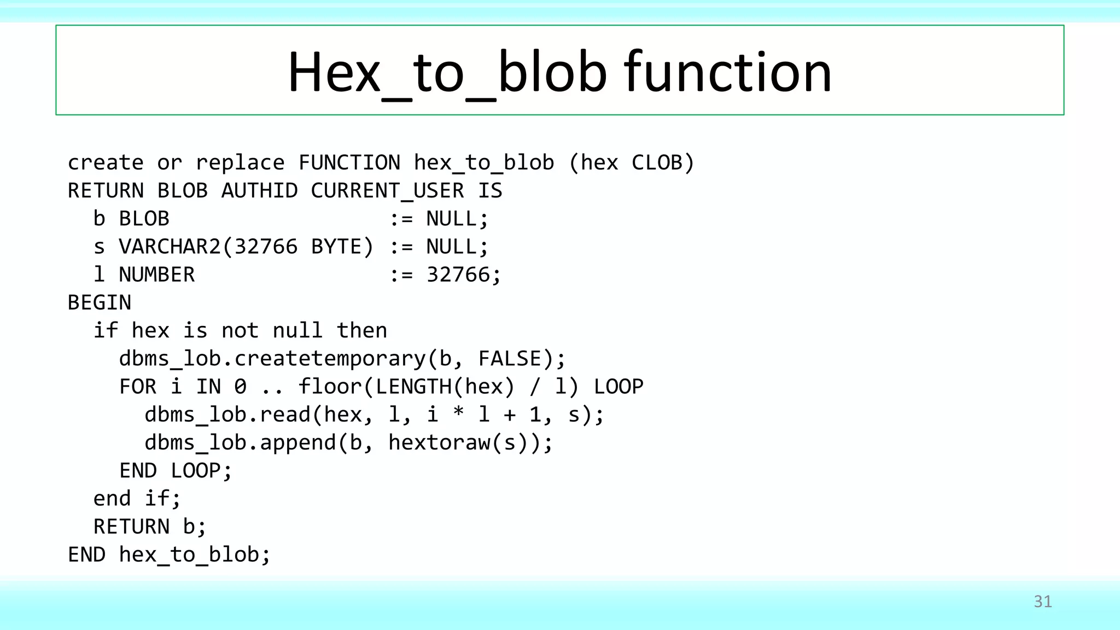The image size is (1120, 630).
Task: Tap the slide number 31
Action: coord(1042,602)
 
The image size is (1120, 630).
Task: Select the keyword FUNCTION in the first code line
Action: coord(349,163)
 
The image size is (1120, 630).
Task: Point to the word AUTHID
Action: coord(259,191)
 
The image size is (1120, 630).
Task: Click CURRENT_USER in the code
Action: coord(387,191)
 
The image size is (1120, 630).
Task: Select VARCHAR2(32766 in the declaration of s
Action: coord(208,247)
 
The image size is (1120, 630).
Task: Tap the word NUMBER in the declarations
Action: coord(156,275)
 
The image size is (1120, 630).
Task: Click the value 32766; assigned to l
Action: coord(463,275)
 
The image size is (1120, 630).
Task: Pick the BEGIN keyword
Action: coord(99,302)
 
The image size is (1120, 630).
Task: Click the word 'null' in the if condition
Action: coord(297,330)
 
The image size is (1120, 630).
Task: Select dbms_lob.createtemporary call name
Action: coord(272,359)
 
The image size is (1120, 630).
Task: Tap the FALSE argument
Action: coord(516,359)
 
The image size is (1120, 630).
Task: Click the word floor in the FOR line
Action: coord(329,387)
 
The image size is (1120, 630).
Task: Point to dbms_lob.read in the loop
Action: coord(227,415)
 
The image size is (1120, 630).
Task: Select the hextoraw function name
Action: coord(439,442)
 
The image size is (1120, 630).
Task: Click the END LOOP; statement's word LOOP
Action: coord(201,470)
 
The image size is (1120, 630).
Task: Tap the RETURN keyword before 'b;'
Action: coord(131,527)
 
